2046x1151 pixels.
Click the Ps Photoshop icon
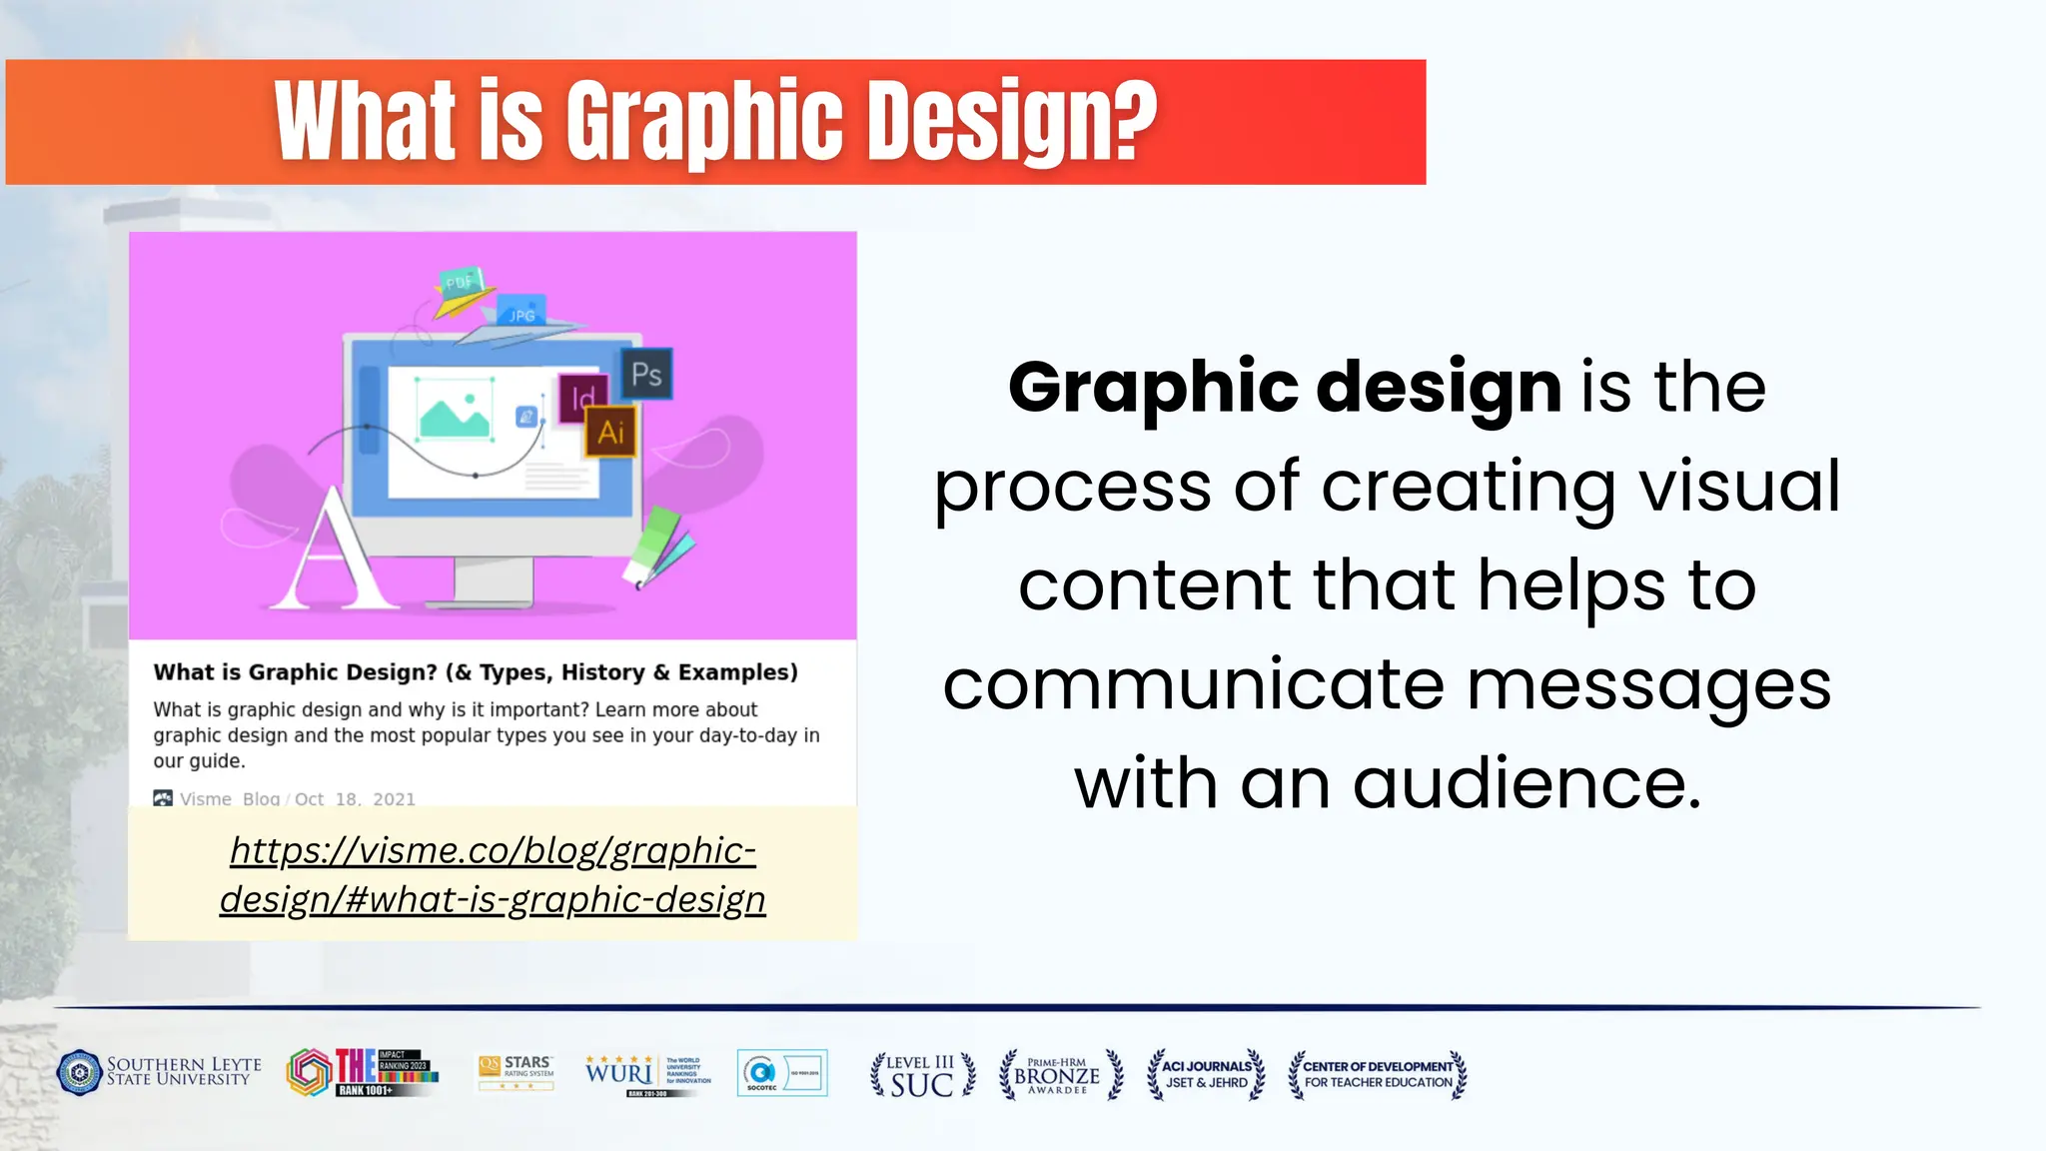coord(646,375)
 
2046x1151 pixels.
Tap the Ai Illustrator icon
coord(610,432)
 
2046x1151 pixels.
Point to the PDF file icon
coord(460,283)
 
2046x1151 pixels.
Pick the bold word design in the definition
coord(1439,387)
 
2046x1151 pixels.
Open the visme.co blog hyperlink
coord(493,874)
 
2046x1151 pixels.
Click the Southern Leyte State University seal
coord(79,1073)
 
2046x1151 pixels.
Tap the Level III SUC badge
coord(921,1075)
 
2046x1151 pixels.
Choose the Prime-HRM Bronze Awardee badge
coord(1060,1075)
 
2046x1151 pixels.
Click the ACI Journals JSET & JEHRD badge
coord(1206,1074)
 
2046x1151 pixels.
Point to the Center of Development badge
coord(1378,1074)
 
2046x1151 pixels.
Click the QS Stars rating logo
coord(515,1072)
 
